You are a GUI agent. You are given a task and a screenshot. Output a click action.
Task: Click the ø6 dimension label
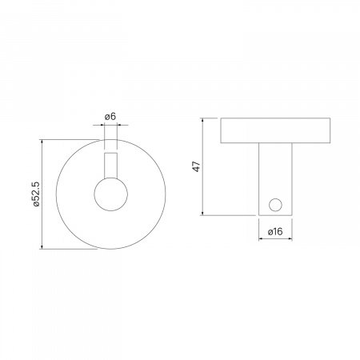[110, 118]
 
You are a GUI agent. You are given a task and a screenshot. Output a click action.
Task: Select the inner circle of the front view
[110, 194]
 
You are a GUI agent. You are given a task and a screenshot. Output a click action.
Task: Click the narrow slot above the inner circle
[110, 164]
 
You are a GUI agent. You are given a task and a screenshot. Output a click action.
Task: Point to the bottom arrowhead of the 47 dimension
[205, 212]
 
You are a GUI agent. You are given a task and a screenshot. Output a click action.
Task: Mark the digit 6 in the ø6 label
[114, 118]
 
